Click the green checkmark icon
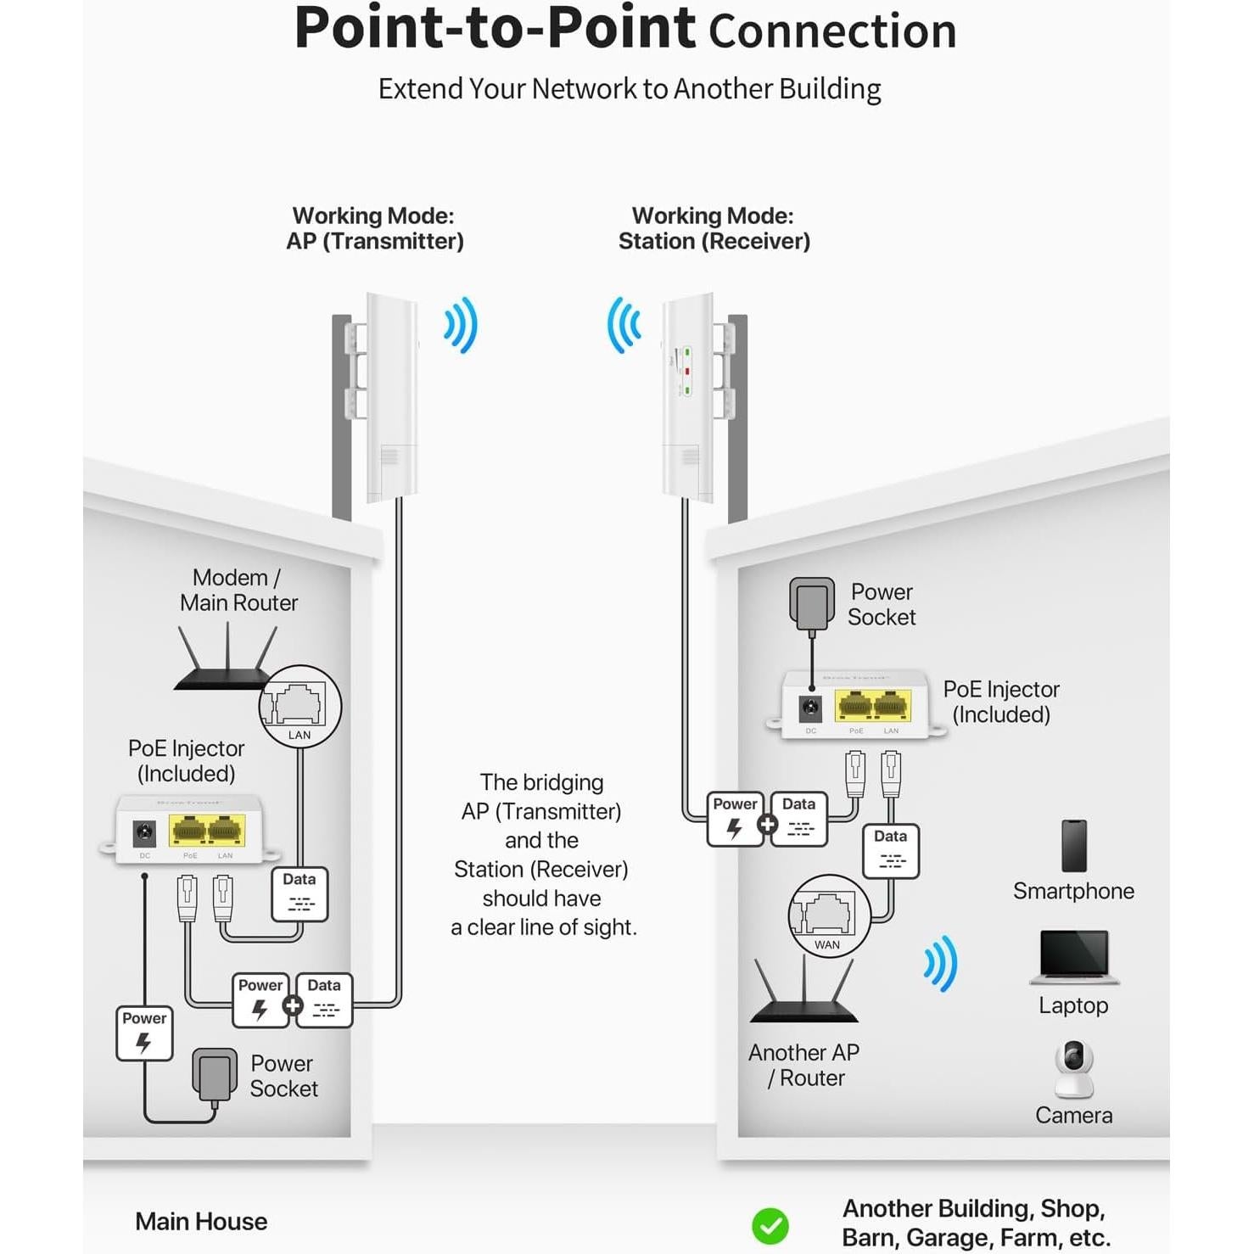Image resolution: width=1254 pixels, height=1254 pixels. (770, 1225)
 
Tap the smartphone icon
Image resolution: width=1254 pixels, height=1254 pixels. (1073, 846)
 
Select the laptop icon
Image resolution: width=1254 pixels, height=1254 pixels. (1074, 957)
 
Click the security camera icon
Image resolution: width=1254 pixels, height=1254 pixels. (1074, 1069)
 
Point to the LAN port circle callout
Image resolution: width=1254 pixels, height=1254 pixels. (300, 706)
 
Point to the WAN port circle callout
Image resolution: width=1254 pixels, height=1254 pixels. (829, 915)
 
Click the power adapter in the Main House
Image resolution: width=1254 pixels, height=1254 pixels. (214, 1075)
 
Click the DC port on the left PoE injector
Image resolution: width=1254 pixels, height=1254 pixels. (145, 833)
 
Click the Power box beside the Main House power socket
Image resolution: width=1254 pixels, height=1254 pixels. (144, 1033)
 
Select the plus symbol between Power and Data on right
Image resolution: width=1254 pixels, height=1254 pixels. (767, 824)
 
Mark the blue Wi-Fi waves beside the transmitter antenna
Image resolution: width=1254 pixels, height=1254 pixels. (462, 325)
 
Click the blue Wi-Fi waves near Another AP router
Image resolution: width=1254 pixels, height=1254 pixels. (941, 964)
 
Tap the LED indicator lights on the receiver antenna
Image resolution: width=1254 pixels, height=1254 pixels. (686, 372)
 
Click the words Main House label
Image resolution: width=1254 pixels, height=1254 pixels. (201, 1222)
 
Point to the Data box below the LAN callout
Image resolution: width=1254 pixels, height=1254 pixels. (300, 893)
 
